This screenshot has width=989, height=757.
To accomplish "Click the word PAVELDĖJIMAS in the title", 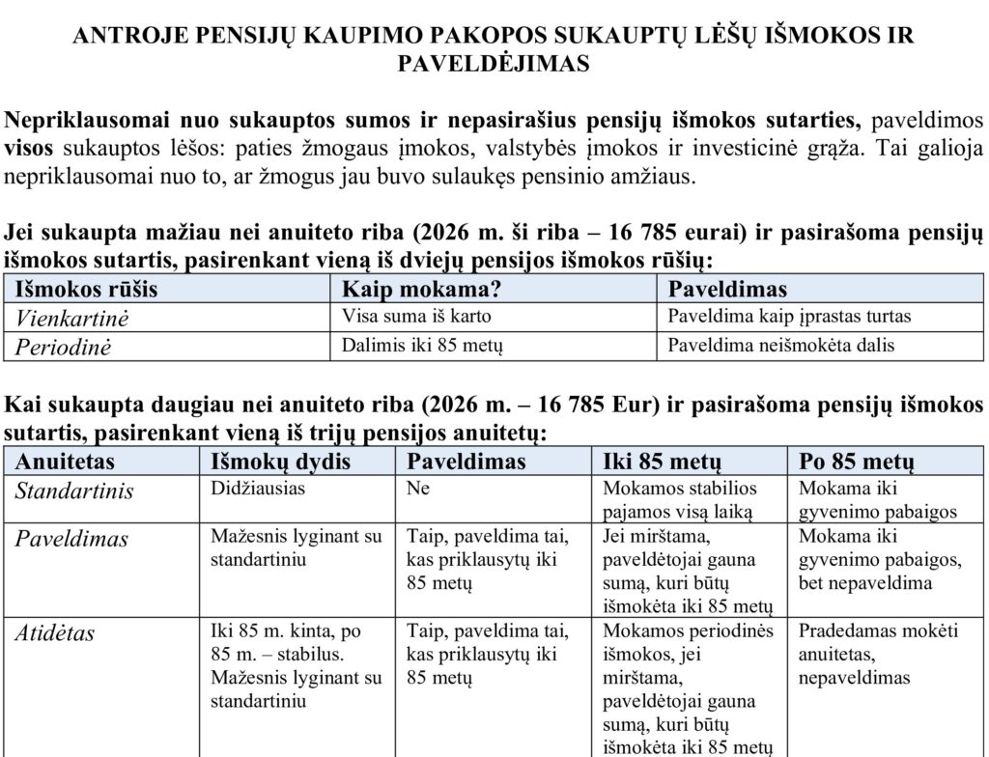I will [494, 65].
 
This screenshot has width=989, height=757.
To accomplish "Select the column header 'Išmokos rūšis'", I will [86, 290].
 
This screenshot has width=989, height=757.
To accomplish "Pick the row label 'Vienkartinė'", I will [71, 318].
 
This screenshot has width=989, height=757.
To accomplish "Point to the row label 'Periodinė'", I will [64, 348].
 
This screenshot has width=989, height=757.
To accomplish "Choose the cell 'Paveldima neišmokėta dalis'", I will [781, 346].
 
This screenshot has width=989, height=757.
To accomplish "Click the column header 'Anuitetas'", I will [65, 461].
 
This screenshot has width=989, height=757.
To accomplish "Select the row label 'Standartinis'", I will [74, 491].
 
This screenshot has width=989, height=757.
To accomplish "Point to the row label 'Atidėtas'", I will [55, 633].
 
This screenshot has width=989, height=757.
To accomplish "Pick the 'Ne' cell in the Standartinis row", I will [418, 489].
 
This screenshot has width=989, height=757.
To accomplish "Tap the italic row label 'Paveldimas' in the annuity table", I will [71, 539].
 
